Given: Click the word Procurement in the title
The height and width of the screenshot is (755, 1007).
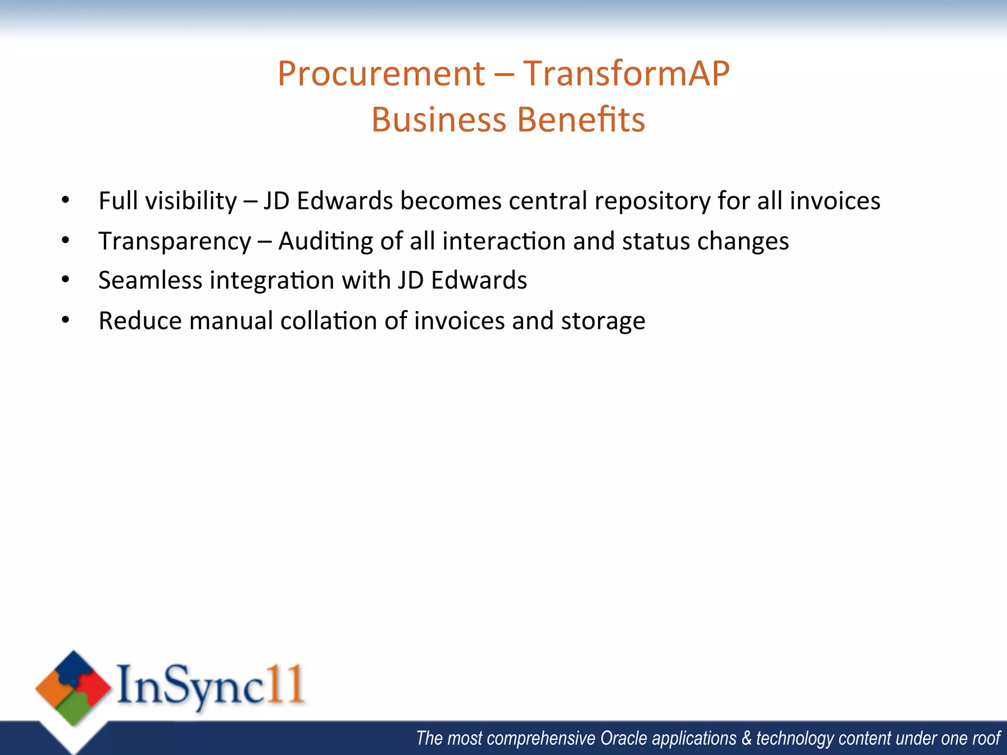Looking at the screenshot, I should click(x=382, y=74).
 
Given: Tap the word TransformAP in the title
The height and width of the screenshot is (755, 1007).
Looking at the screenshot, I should click(x=626, y=74).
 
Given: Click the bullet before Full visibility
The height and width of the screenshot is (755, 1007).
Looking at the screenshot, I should click(x=65, y=200).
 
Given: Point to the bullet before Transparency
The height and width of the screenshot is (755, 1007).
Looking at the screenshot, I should click(x=65, y=240).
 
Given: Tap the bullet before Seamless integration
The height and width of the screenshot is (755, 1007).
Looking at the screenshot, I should click(x=65, y=280).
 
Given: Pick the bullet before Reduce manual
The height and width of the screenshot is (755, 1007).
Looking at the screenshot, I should click(x=65, y=320).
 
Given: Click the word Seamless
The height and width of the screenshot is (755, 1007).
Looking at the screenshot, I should click(x=150, y=280).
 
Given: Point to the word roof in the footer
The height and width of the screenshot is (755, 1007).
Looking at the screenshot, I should click(x=986, y=738).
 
